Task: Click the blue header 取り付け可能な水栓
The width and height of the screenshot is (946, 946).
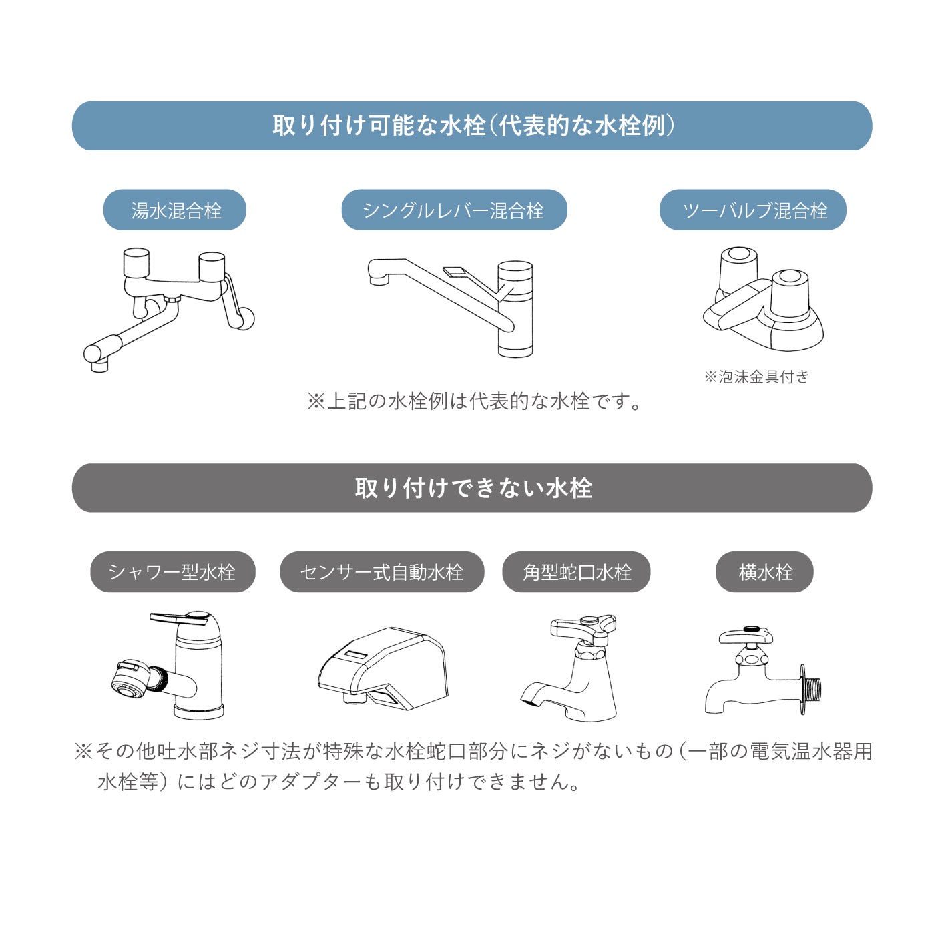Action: (x=472, y=126)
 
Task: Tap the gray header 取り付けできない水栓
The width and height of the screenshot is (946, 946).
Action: (x=472, y=488)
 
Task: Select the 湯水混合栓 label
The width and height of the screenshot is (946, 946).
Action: (x=175, y=210)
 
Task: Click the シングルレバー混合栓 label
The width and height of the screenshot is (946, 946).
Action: (x=454, y=210)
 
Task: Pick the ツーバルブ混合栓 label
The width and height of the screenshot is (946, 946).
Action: (x=753, y=210)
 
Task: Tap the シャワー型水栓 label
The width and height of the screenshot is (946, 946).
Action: (x=172, y=572)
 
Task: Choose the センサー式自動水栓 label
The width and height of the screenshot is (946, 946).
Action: (x=382, y=572)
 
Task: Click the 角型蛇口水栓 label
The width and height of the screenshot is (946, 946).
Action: (x=576, y=572)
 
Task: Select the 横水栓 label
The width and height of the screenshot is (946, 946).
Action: (x=764, y=572)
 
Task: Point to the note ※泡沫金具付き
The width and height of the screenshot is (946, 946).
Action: (x=756, y=377)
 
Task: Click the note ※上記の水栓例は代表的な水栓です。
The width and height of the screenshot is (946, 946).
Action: (x=474, y=401)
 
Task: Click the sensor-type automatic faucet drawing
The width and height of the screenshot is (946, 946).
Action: (x=383, y=668)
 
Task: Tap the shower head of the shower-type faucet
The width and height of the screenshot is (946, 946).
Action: (x=128, y=678)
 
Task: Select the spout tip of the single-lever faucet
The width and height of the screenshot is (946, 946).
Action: (x=379, y=278)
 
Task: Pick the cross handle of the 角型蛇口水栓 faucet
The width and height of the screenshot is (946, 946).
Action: (x=582, y=626)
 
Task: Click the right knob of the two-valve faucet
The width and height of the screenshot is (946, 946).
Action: (x=790, y=292)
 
